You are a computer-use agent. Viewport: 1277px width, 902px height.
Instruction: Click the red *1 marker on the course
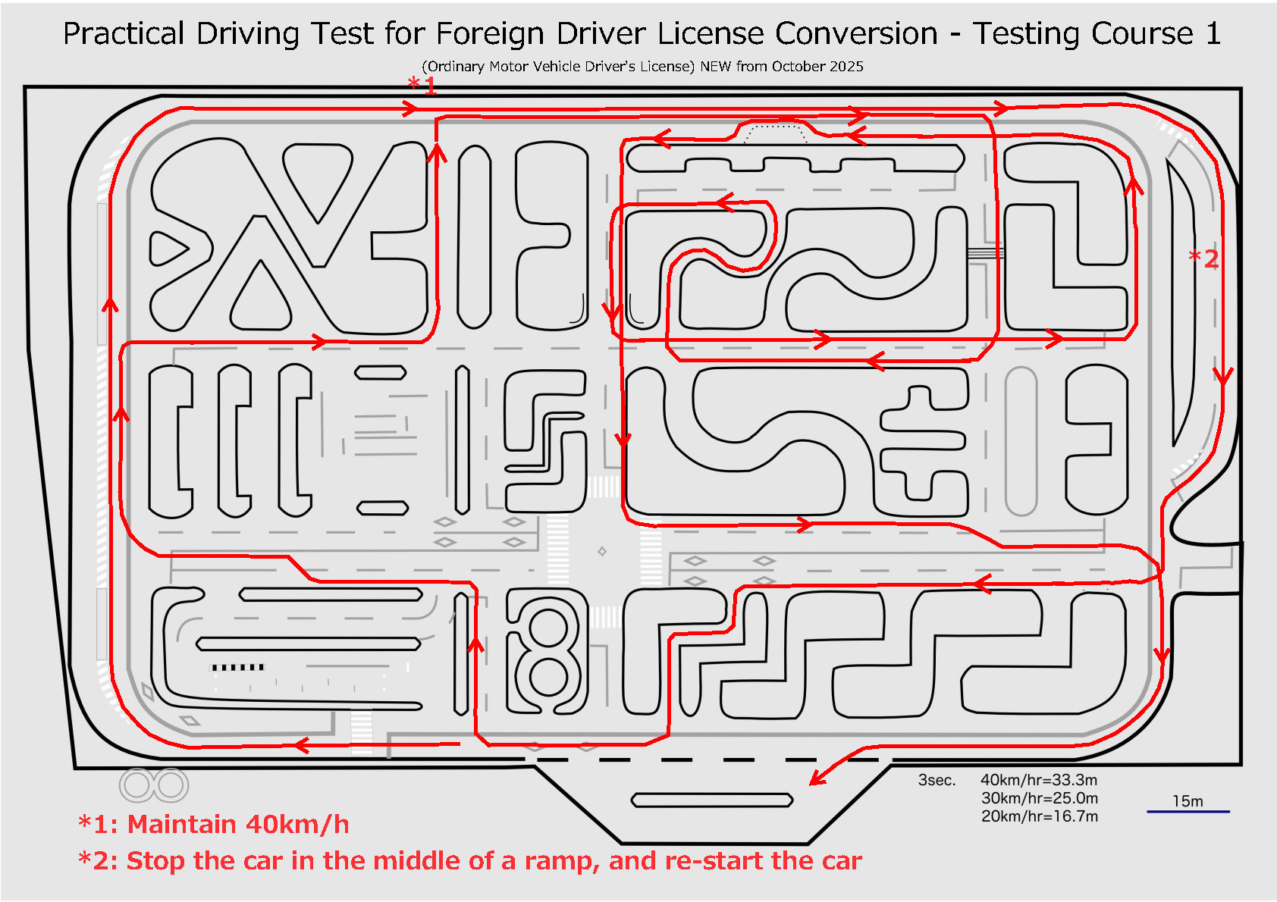pos(422,85)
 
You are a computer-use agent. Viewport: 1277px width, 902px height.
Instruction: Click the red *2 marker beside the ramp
pos(1203,258)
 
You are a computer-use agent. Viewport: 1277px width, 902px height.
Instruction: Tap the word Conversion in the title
pos(856,34)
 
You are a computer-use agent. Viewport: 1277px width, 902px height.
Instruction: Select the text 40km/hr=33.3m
pos(1038,780)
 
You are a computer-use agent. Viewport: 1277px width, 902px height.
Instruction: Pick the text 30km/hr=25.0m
pos(1039,798)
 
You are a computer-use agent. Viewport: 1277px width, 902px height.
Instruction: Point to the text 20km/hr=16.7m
pos(1039,816)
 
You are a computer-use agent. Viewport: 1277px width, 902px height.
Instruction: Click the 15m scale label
pos(1188,801)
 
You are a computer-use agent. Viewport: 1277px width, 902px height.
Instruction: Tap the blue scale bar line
pos(1188,812)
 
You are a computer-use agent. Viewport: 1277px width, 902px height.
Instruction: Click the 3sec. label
pos(937,780)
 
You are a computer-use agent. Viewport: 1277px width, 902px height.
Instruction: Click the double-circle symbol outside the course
pos(154,785)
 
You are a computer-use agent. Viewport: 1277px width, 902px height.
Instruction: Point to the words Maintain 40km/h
pos(238,824)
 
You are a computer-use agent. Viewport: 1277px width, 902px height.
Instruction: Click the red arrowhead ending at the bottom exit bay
pos(816,780)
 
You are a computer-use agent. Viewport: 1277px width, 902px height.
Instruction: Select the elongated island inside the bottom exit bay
pos(712,800)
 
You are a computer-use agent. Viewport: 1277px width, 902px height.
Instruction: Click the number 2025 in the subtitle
pos(846,67)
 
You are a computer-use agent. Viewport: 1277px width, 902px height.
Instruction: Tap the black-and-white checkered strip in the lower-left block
pos(237,667)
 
